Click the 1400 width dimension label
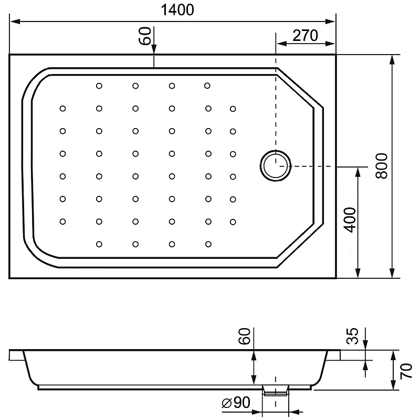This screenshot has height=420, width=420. coord(177,10)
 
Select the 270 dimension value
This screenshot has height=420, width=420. coord(305,35)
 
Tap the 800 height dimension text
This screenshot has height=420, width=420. coord(382,166)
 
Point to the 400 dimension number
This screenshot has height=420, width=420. coord(350,219)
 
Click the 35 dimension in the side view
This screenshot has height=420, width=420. coord(352,336)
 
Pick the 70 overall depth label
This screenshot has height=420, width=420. coord(406,371)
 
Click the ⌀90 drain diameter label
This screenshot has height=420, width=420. coord(236,402)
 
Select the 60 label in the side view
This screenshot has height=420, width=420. coord(245,336)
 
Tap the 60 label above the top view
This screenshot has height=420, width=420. coord(145,36)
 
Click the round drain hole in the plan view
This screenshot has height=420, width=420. coord(276,166)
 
